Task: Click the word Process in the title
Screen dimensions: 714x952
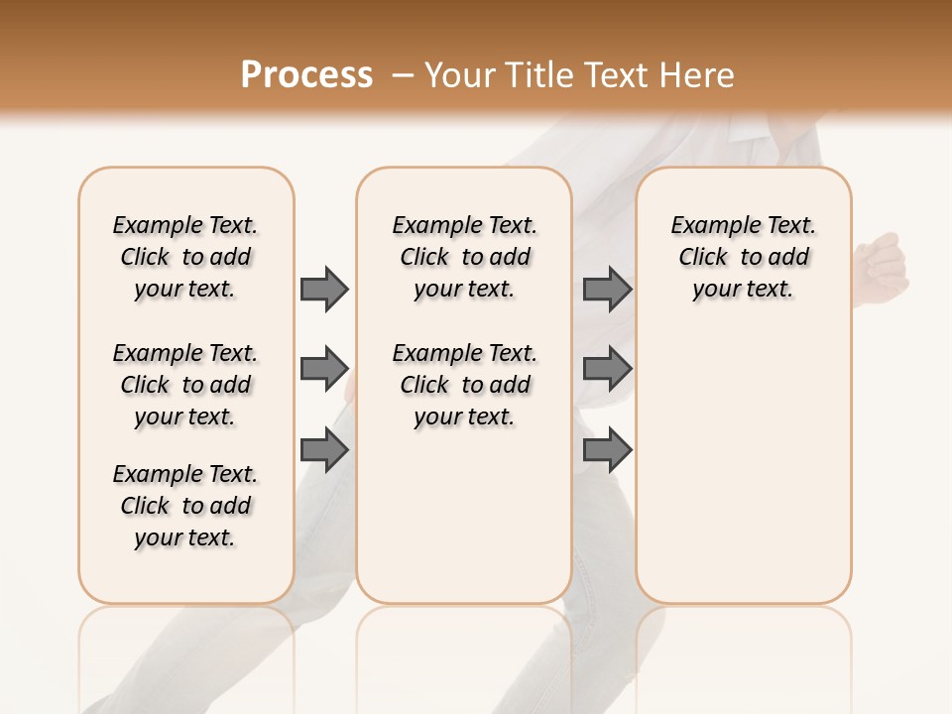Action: [x=306, y=75]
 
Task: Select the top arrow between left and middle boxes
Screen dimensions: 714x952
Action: [x=324, y=289]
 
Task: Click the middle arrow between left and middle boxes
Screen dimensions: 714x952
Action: [x=324, y=369]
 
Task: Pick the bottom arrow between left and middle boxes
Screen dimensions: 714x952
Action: [x=324, y=451]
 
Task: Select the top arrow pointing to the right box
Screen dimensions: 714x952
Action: [x=607, y=289]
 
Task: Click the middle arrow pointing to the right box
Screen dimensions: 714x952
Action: [x=607, y=369]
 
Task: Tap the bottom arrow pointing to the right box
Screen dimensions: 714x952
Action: [x=607, y=451]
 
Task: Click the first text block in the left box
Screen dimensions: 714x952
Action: [x=185, y=257]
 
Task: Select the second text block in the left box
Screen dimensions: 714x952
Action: [x=185, y=385]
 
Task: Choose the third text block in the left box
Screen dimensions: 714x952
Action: [x=185, y=506]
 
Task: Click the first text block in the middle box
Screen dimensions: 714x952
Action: [x=465, y=257]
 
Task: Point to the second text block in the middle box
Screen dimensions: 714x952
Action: [x=465, y=385]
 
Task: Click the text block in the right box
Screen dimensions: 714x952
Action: [x=744, y=257]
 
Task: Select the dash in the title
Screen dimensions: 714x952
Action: [x=402, y=75]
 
